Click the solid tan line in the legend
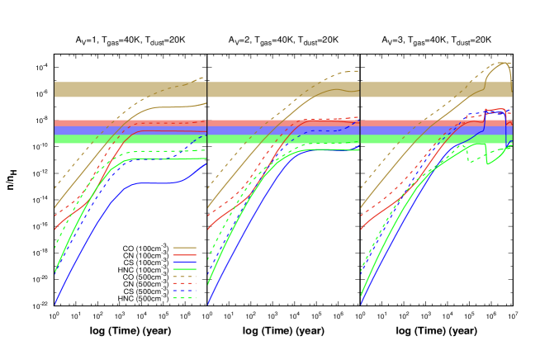[184, 248]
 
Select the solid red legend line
[184, 255]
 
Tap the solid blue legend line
[184, 263]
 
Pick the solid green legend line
[184, 270]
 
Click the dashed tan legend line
[184, 277]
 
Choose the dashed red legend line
[184, 284]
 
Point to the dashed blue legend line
[184, 291]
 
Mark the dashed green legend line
[184, 298]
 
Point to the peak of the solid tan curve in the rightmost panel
[503, 63]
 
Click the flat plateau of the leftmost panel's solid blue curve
[153, 183]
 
